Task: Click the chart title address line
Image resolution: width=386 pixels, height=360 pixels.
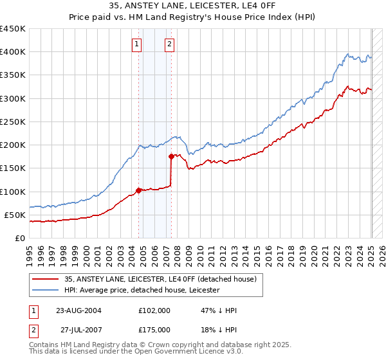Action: point(193,6)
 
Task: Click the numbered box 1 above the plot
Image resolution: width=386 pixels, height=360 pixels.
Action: point(138,44)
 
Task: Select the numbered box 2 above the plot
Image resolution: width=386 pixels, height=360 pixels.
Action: point(169,44)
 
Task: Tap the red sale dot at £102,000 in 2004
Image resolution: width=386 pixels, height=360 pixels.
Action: point(138,190)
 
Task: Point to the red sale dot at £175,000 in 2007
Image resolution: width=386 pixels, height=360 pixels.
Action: point(172,156)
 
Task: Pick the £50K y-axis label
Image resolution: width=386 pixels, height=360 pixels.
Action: point(15,215)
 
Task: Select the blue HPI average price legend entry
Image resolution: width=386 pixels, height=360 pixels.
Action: point(142,290)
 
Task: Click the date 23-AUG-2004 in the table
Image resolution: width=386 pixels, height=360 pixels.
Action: point(78,310)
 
